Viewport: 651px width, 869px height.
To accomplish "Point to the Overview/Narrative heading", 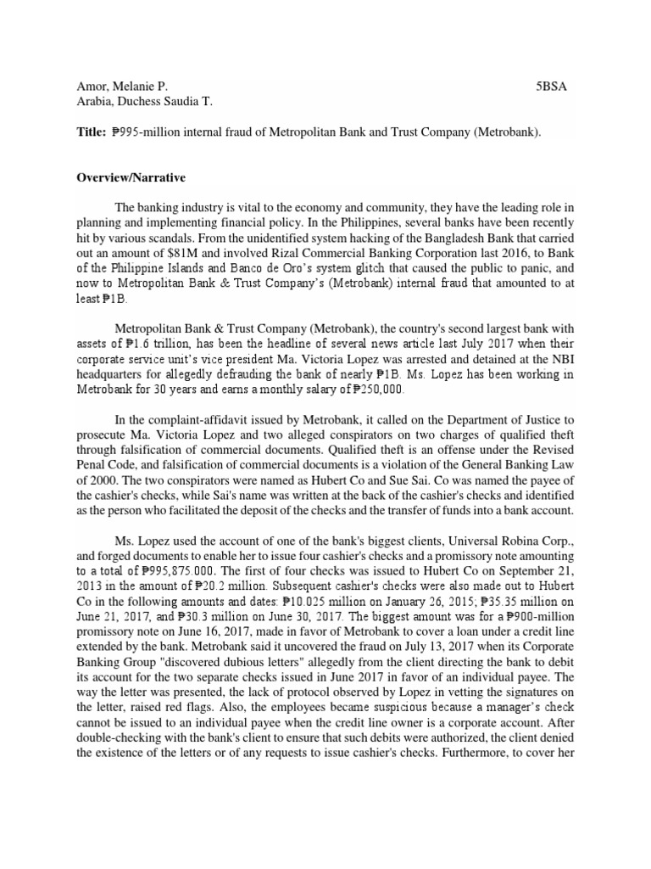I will point(131,179).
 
